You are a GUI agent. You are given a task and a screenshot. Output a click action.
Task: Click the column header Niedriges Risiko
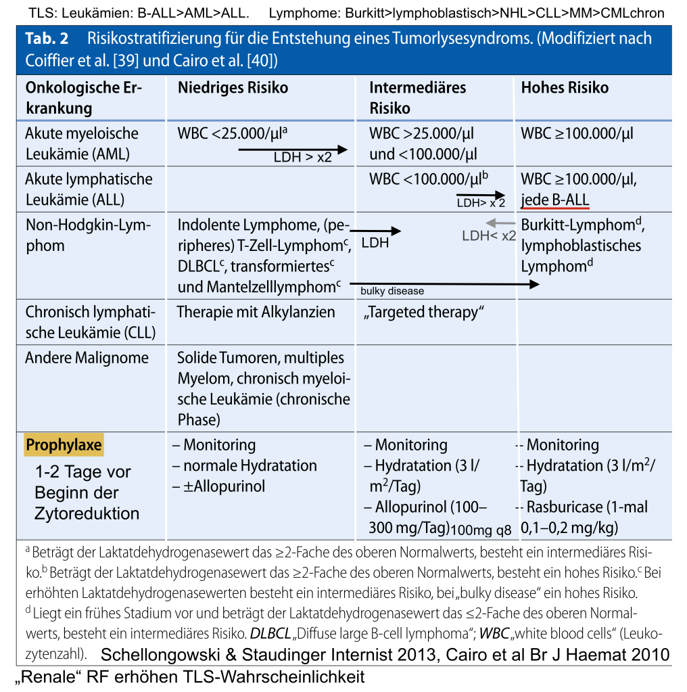coord(233,88)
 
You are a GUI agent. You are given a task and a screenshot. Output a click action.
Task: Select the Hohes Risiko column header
coord(565,88)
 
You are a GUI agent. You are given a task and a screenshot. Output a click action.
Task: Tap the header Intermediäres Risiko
coord(417,97)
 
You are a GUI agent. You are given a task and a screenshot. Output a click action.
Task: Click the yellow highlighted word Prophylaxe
coord(64,445)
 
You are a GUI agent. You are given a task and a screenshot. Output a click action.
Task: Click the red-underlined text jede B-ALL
coord(555,200)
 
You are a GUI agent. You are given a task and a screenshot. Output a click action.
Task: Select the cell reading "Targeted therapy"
coord(425,312)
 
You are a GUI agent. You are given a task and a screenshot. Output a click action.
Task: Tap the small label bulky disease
coord(392,291)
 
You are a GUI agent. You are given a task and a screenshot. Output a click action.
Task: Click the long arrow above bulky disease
coord(444,285)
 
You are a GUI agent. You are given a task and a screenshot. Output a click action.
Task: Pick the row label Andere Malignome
coord(87,358)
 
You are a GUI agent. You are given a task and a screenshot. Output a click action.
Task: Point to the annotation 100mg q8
coord(481,529)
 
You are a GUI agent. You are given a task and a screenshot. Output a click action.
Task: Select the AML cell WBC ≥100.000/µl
coord(577,133)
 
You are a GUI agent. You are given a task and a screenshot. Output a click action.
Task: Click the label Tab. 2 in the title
coord(47,39)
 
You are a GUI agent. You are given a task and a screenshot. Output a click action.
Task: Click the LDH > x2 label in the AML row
coord(302,158)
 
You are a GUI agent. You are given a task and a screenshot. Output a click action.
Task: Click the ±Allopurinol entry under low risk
coord(218,486)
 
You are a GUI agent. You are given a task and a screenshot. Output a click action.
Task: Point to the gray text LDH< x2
coord(489,236)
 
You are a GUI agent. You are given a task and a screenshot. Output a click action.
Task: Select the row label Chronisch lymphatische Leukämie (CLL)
coord(90,322)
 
